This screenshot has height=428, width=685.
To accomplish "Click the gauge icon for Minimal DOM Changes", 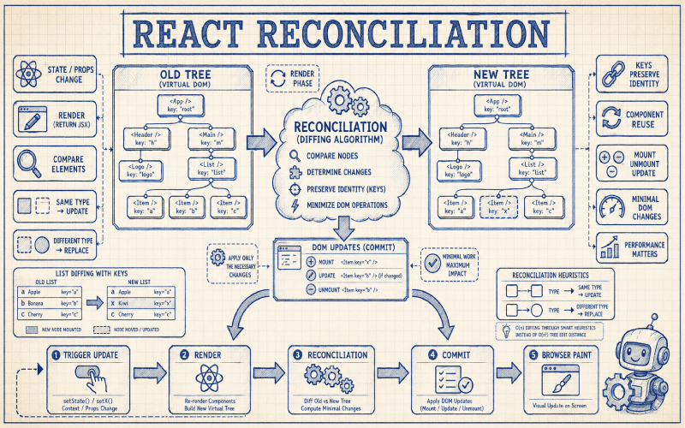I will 614,206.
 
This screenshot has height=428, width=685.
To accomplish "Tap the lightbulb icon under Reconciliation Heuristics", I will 503,326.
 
